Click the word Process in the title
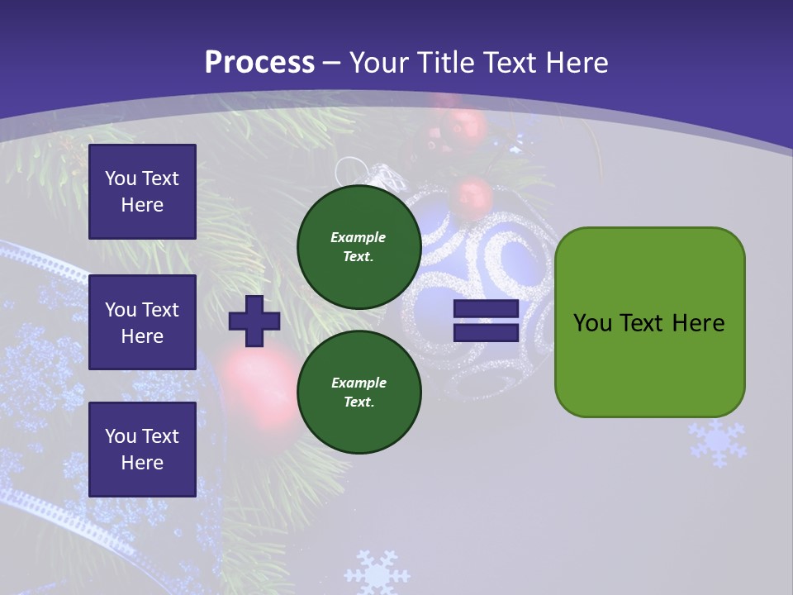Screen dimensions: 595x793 [x=259, y=63]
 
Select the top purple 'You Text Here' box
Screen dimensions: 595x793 [x=142, y=192]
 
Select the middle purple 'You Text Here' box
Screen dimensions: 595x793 [x=142, y=322]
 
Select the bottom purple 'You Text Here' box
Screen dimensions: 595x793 [x=142, y=450]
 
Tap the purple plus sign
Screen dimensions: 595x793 [x=254, y=321]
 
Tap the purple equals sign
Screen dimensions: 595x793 [x=486, y=321]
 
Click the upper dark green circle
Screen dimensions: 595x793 [x=359, y=247]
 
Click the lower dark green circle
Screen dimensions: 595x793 [x=359, y=393]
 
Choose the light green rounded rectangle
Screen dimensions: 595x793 [x=649, y=322]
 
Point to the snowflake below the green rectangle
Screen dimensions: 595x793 [x=718, y=442]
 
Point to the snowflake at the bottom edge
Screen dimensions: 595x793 [x=377, y=572]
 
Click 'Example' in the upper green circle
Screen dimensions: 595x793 [x=359, y=238]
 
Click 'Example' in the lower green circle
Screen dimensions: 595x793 [x=359, y=383]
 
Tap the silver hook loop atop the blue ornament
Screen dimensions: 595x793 [x=351, y=169]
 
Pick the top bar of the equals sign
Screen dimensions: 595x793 [x=486, y=309]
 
